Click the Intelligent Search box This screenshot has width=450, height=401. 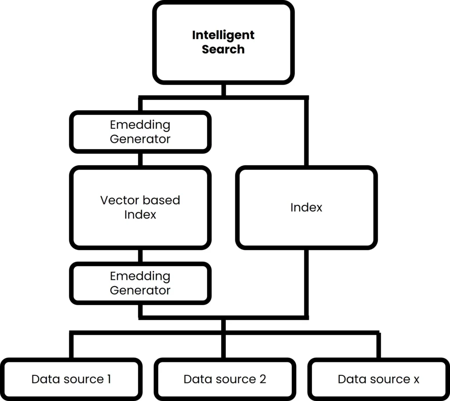click(x=223, y=42)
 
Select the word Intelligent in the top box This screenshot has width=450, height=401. click(x=223, y=35)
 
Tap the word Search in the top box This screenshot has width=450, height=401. click(x=223, y=49)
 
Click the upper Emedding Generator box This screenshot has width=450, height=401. click(x=140, y=132)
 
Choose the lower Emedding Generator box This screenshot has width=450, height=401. click(x=140, y=283)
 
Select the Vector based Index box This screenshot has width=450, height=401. click(x=140, y=208)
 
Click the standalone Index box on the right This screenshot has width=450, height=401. click(x=306, y=208)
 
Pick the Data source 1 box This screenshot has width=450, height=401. click(x=71, y=379)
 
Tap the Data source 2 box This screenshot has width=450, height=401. click(x=225, y=379)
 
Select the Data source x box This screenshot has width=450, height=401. click(x=378, y=379)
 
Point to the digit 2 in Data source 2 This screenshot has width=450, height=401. click(x=262, y=379)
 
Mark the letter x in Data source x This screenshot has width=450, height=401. click(x=416, y=379)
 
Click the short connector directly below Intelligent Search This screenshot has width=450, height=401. click(x=224, y=90)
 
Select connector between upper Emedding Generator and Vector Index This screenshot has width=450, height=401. click(x=140, y=159)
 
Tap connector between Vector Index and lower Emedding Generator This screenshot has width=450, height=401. click(x=140, y=255)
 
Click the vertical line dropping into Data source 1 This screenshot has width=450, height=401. click(x=71, y=346)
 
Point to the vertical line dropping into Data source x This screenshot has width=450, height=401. click(x=378, y=346)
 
